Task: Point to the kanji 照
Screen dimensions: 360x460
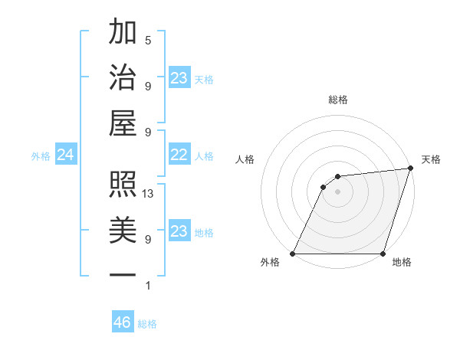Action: tap(123, 185)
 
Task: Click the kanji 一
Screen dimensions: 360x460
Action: tap(123, 273)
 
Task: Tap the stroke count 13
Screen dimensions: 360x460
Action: tap(149, 194)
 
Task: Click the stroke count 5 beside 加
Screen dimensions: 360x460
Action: tap(148, 40)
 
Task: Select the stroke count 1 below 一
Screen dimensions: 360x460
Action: tap(148, 286)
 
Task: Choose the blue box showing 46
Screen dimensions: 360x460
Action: tap(123, 322)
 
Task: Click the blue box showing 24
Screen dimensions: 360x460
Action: tap(66, 155)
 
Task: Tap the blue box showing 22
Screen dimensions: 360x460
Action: tap(179, 155)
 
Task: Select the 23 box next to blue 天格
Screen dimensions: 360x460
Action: tap(179, 78)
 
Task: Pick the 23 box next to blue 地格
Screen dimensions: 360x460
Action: tap(179, 232)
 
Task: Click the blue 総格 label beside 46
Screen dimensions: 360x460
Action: tap(148, 324)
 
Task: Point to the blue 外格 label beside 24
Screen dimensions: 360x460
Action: tap(41, 156)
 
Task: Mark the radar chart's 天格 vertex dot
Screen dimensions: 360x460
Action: tap(411, 169)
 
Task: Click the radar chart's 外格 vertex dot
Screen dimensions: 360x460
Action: tap(293, 254)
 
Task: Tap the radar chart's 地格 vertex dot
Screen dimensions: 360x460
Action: tap(383, 254)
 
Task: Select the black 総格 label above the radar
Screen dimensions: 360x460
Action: tap(337, 100)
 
